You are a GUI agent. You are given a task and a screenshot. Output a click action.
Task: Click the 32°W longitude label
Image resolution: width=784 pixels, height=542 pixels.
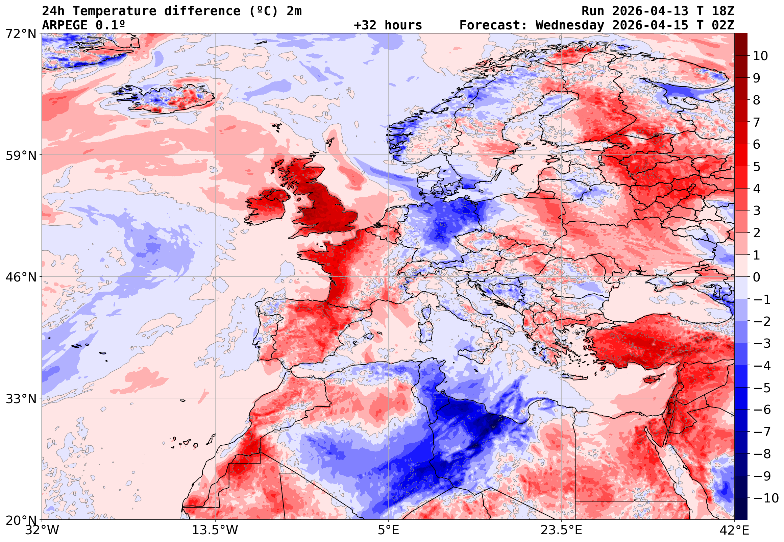(x=42, y=531)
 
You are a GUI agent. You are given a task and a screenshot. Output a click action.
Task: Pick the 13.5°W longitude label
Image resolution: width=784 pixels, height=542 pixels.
(x=215, y=531)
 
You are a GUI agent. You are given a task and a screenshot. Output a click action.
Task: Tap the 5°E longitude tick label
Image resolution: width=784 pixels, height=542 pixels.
(x=388, y=531)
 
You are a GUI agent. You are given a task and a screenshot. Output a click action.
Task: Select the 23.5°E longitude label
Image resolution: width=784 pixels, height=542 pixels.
(x=561, y=531)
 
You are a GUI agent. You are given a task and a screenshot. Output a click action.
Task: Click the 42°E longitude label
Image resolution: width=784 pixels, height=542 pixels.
(x=734, y=531)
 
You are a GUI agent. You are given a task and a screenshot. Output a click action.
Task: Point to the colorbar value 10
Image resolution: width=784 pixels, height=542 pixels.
(x=760, y=56)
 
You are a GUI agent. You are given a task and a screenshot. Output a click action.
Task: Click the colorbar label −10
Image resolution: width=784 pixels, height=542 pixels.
(x=766, y=498)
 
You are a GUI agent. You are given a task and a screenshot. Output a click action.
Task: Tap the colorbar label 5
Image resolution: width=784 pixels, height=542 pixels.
(x=757, y=167)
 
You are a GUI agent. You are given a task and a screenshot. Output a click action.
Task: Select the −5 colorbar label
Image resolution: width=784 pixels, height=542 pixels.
(x=762, y=388)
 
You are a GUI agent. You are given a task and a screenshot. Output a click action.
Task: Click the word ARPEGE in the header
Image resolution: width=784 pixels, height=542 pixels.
(x=65, y=25)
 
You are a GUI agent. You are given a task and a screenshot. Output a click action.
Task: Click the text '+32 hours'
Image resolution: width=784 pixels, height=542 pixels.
(x=388, y=25)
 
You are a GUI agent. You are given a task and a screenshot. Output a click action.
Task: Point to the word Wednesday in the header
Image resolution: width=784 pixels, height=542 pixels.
(x=570, y=25)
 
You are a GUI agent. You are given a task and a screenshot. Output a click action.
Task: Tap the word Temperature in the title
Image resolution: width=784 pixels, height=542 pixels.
(x=114, y=11)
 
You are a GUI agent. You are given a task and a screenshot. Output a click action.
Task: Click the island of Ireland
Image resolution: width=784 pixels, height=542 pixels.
(x=267, y=207)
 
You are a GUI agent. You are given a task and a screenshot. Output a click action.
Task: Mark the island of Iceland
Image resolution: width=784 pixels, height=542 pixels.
(x=170, y=98)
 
